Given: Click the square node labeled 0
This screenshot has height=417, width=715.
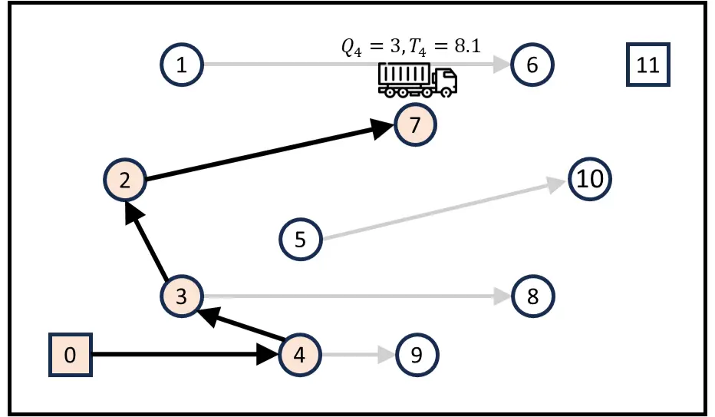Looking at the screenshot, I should click(71, 356).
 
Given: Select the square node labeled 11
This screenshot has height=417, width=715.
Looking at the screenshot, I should click(648, 65).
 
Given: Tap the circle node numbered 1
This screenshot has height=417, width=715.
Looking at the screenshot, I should click(182, 65).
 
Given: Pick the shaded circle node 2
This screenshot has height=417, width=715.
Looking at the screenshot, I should click(125, 181).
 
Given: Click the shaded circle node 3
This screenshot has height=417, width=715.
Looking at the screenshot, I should click(182, 296).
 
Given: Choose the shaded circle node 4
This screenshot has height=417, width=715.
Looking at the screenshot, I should click(299, 355).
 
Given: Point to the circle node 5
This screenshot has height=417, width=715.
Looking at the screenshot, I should click(300, 239).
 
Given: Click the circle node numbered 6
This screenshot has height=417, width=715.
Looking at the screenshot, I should click(532, 65).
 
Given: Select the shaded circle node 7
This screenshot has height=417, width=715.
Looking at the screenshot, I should click(416, 124).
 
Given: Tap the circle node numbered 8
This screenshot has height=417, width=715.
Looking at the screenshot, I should click(532, 296).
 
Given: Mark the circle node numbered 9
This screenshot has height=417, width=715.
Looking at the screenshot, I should click(417, 355).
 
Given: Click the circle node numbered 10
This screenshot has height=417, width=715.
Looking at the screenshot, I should click(590, 179).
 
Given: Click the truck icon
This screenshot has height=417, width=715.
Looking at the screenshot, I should click(417, 79).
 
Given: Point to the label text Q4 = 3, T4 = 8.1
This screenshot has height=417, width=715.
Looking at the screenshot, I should click(410, 46).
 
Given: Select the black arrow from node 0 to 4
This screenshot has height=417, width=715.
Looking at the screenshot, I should click(184, 355).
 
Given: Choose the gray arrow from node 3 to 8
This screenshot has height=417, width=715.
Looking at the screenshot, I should click(353, 296).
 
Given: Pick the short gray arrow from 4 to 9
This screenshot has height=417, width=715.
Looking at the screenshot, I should click(357, 355).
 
